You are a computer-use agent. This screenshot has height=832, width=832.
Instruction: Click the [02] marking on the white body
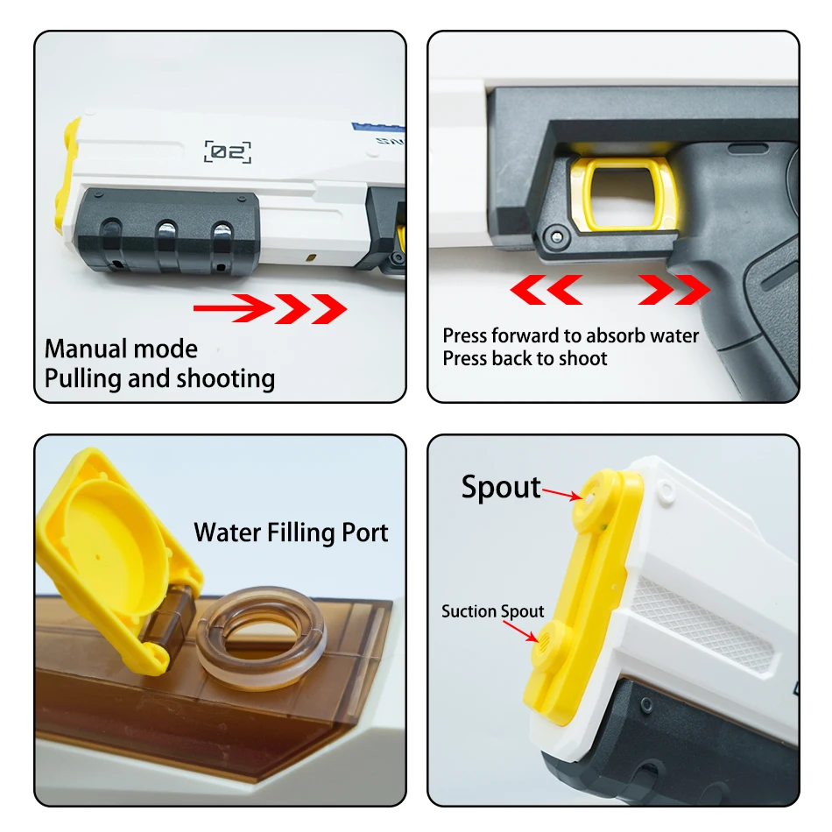[x=228, y=152]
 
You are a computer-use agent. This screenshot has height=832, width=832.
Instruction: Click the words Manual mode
[x=121, y=349]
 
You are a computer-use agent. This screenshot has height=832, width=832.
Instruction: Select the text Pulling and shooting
[x=159, y=378]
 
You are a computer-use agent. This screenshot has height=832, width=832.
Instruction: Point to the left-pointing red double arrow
[x=546, y=288]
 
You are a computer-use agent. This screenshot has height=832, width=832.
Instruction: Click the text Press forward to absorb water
[x=571, y=335]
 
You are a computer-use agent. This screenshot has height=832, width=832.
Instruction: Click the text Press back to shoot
[x=525, y=358]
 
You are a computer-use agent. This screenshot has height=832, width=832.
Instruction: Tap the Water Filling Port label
[x=291, y=532]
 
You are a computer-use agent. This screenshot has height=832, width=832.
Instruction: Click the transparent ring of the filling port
[x=260, y=634]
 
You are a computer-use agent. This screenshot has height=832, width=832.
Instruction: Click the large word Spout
[x=501, y=487]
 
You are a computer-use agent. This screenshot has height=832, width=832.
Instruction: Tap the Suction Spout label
[x=492, y=611]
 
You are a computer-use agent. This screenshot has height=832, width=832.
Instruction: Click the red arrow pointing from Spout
[x=561, y=495]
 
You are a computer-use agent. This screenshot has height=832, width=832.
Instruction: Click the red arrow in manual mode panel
[x=270, y=307]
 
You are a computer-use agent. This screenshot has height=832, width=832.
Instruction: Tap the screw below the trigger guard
[x=553, y=236]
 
